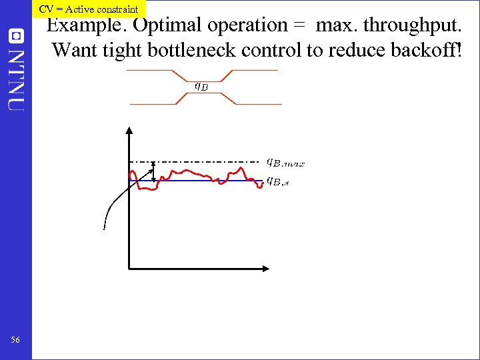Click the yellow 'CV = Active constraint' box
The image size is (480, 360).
point(89,9)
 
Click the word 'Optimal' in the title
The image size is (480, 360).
point(168,26)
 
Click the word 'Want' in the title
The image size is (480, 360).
point(73,50)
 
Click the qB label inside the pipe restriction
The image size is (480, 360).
point(201,85)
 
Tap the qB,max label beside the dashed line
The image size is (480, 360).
point(285,162)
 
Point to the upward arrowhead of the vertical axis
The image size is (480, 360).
point(128,129)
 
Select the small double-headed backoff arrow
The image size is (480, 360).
point(154,171)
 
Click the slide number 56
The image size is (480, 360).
point(15,341)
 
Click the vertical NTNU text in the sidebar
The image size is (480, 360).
point(16,80)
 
